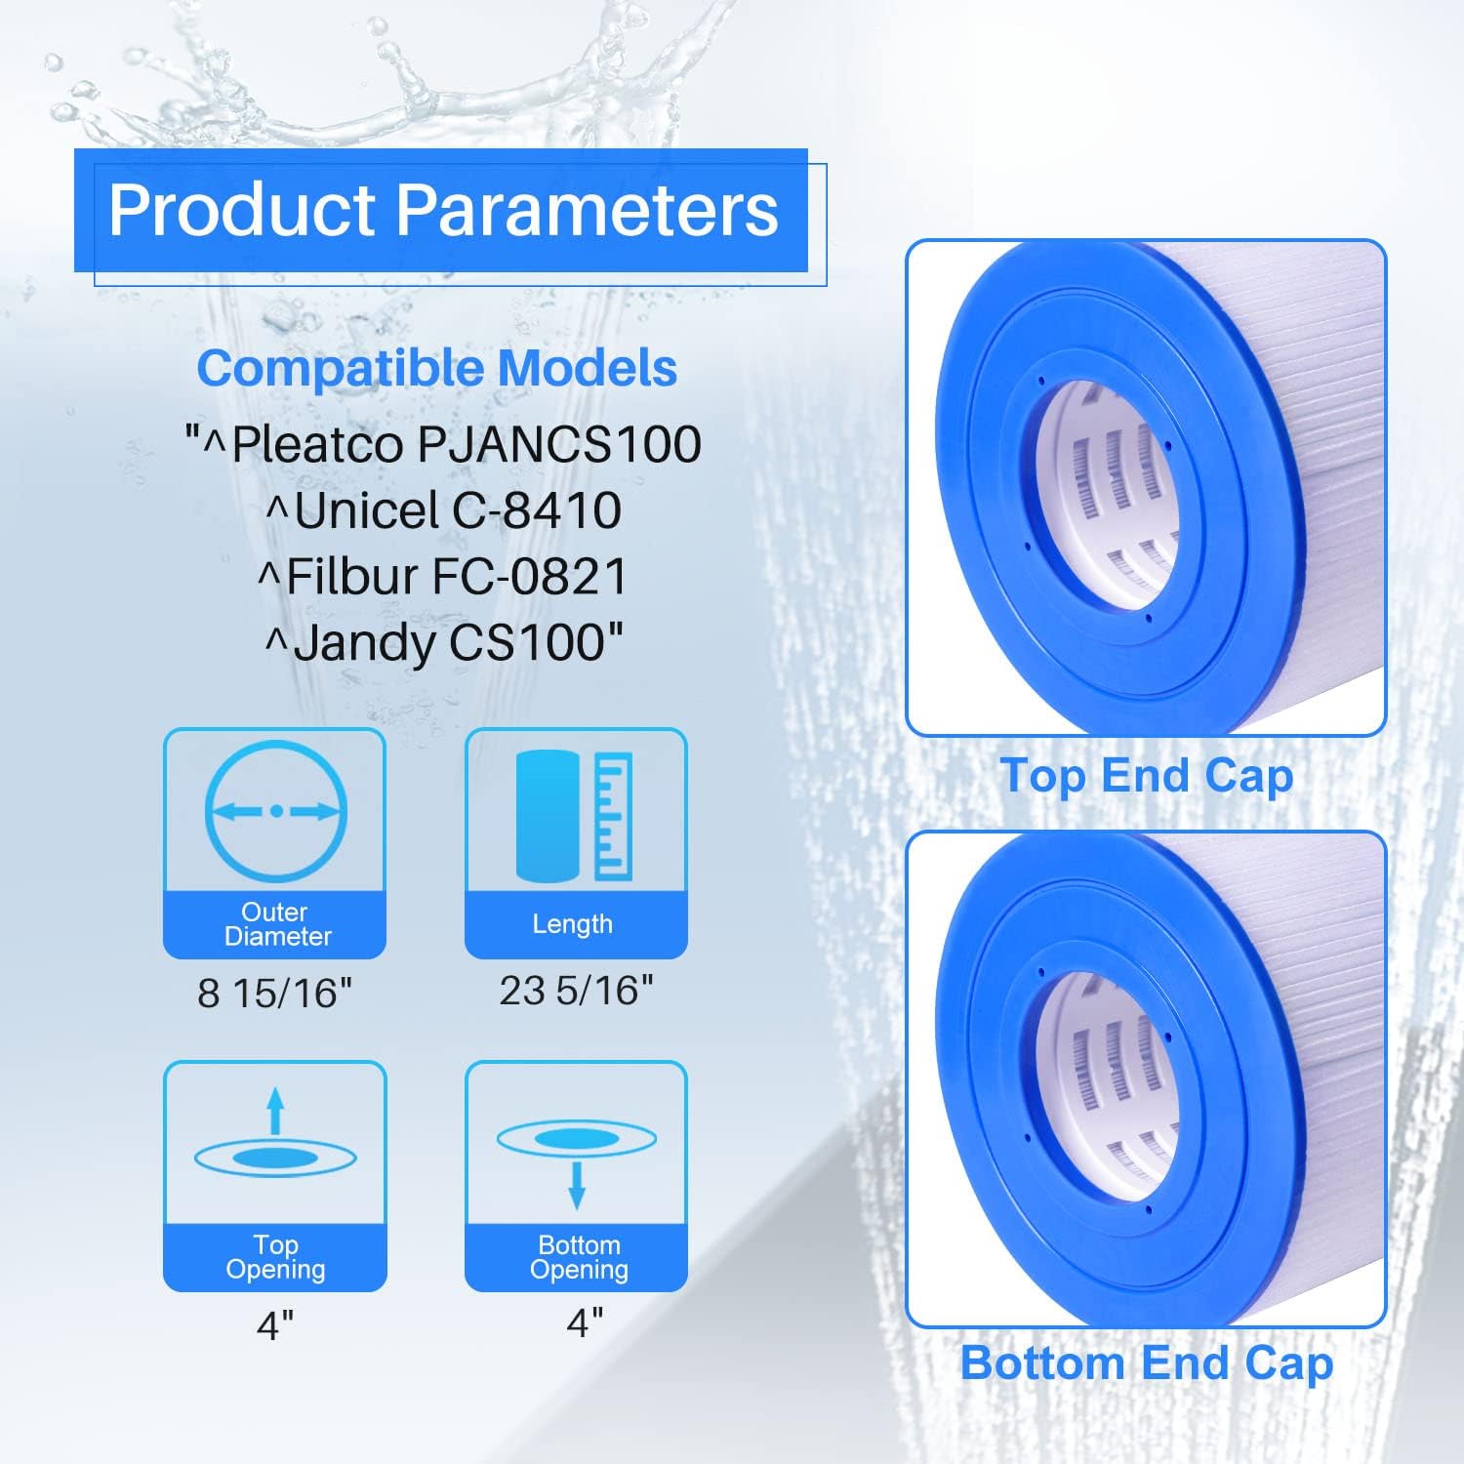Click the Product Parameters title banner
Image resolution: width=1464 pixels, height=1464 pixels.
[441, 210]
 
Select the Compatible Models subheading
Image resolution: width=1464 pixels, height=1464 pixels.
[436, 369]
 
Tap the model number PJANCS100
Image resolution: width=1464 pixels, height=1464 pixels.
[559, 444]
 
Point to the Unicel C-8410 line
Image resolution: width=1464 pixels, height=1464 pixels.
[444, 510]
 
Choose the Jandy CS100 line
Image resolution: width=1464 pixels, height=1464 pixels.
[444, 642]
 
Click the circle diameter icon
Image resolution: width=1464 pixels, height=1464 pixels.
[276, 811]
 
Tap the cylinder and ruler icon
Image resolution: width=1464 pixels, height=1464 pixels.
[574, 816]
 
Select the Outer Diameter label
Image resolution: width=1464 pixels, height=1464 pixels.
[275, 924]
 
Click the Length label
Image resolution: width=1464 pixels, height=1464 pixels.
[573, 924]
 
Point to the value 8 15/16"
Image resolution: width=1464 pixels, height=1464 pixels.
[274, 994]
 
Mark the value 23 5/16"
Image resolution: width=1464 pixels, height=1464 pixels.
[576, 991]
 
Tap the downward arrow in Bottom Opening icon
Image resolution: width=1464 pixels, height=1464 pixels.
[577, 1185]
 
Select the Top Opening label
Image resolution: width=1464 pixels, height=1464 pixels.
[275, 1257]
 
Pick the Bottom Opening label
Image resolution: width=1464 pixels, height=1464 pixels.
[578, 1257]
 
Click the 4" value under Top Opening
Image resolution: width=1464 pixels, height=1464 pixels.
[275, 1325]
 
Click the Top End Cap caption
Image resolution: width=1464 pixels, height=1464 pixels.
[1147, 777]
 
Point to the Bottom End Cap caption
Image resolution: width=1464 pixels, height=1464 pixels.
[1147, 1363]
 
